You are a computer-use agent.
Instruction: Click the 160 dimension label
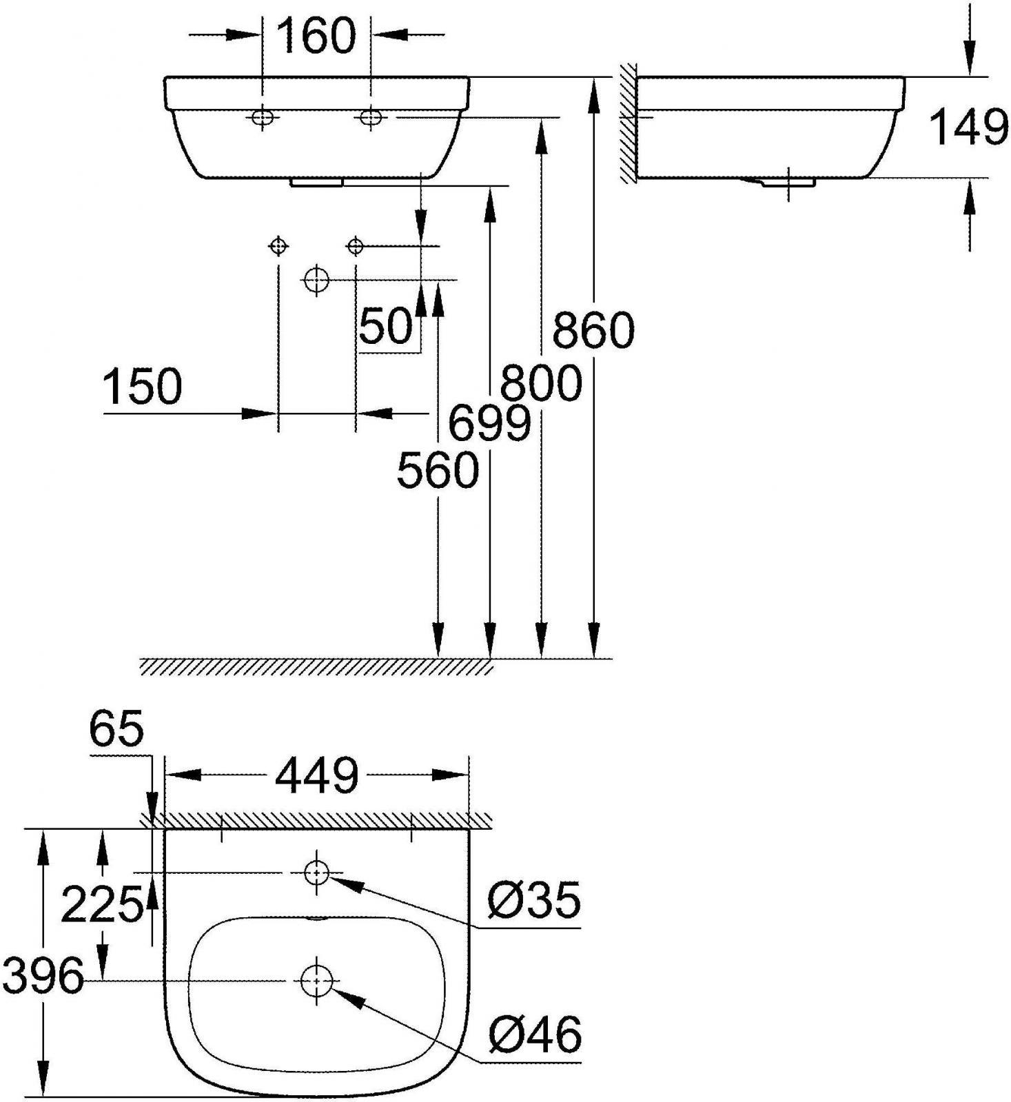click(316, 37)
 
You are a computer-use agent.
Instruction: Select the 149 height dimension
click(969, 127)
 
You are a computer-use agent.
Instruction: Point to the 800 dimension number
click(542, 383)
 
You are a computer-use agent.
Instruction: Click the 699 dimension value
click(490, 423)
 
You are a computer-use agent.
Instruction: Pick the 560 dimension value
click(438, 470)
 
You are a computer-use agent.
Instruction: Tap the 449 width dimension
click(317, 775)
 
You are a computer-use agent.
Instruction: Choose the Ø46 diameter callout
click(535, 1034)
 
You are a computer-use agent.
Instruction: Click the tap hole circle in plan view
click(316, 873)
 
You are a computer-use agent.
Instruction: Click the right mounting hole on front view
click(370, 117)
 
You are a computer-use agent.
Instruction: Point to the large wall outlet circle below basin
click(316, 279)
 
